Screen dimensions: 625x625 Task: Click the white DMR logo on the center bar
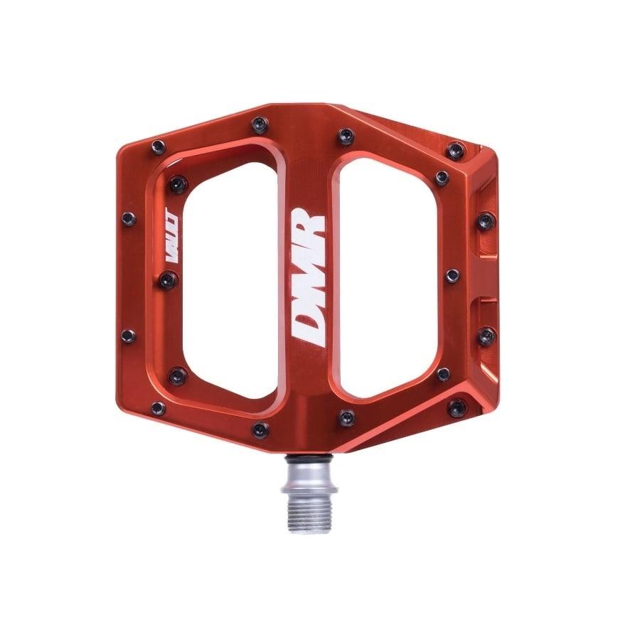(x=309, y=277)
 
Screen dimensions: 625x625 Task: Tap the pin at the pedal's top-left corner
(x=158, y=147)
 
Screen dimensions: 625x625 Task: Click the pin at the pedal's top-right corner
(x=456, y=150)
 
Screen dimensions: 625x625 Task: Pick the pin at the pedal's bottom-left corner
(x=158, y=409)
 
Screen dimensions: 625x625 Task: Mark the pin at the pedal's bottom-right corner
(x=456, y=407)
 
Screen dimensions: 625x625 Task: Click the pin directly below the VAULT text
(x=168, y=279)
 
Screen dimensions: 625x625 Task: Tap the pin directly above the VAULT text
(x=176, y=184)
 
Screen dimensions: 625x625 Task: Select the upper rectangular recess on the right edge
(x=486, y=220)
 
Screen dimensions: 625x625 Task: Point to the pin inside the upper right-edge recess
(x=486, y=220)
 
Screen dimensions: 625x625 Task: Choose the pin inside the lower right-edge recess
(x=486, y=336)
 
